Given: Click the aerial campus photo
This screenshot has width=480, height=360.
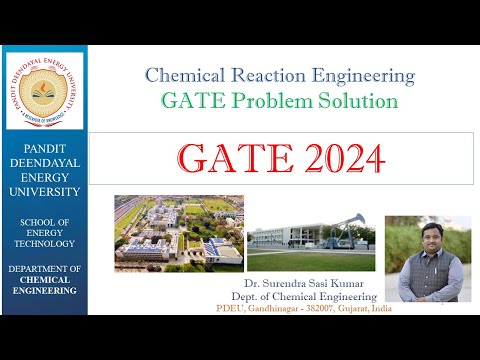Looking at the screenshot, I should (178, 232).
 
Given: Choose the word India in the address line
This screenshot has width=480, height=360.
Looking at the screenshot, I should (381, 309).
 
